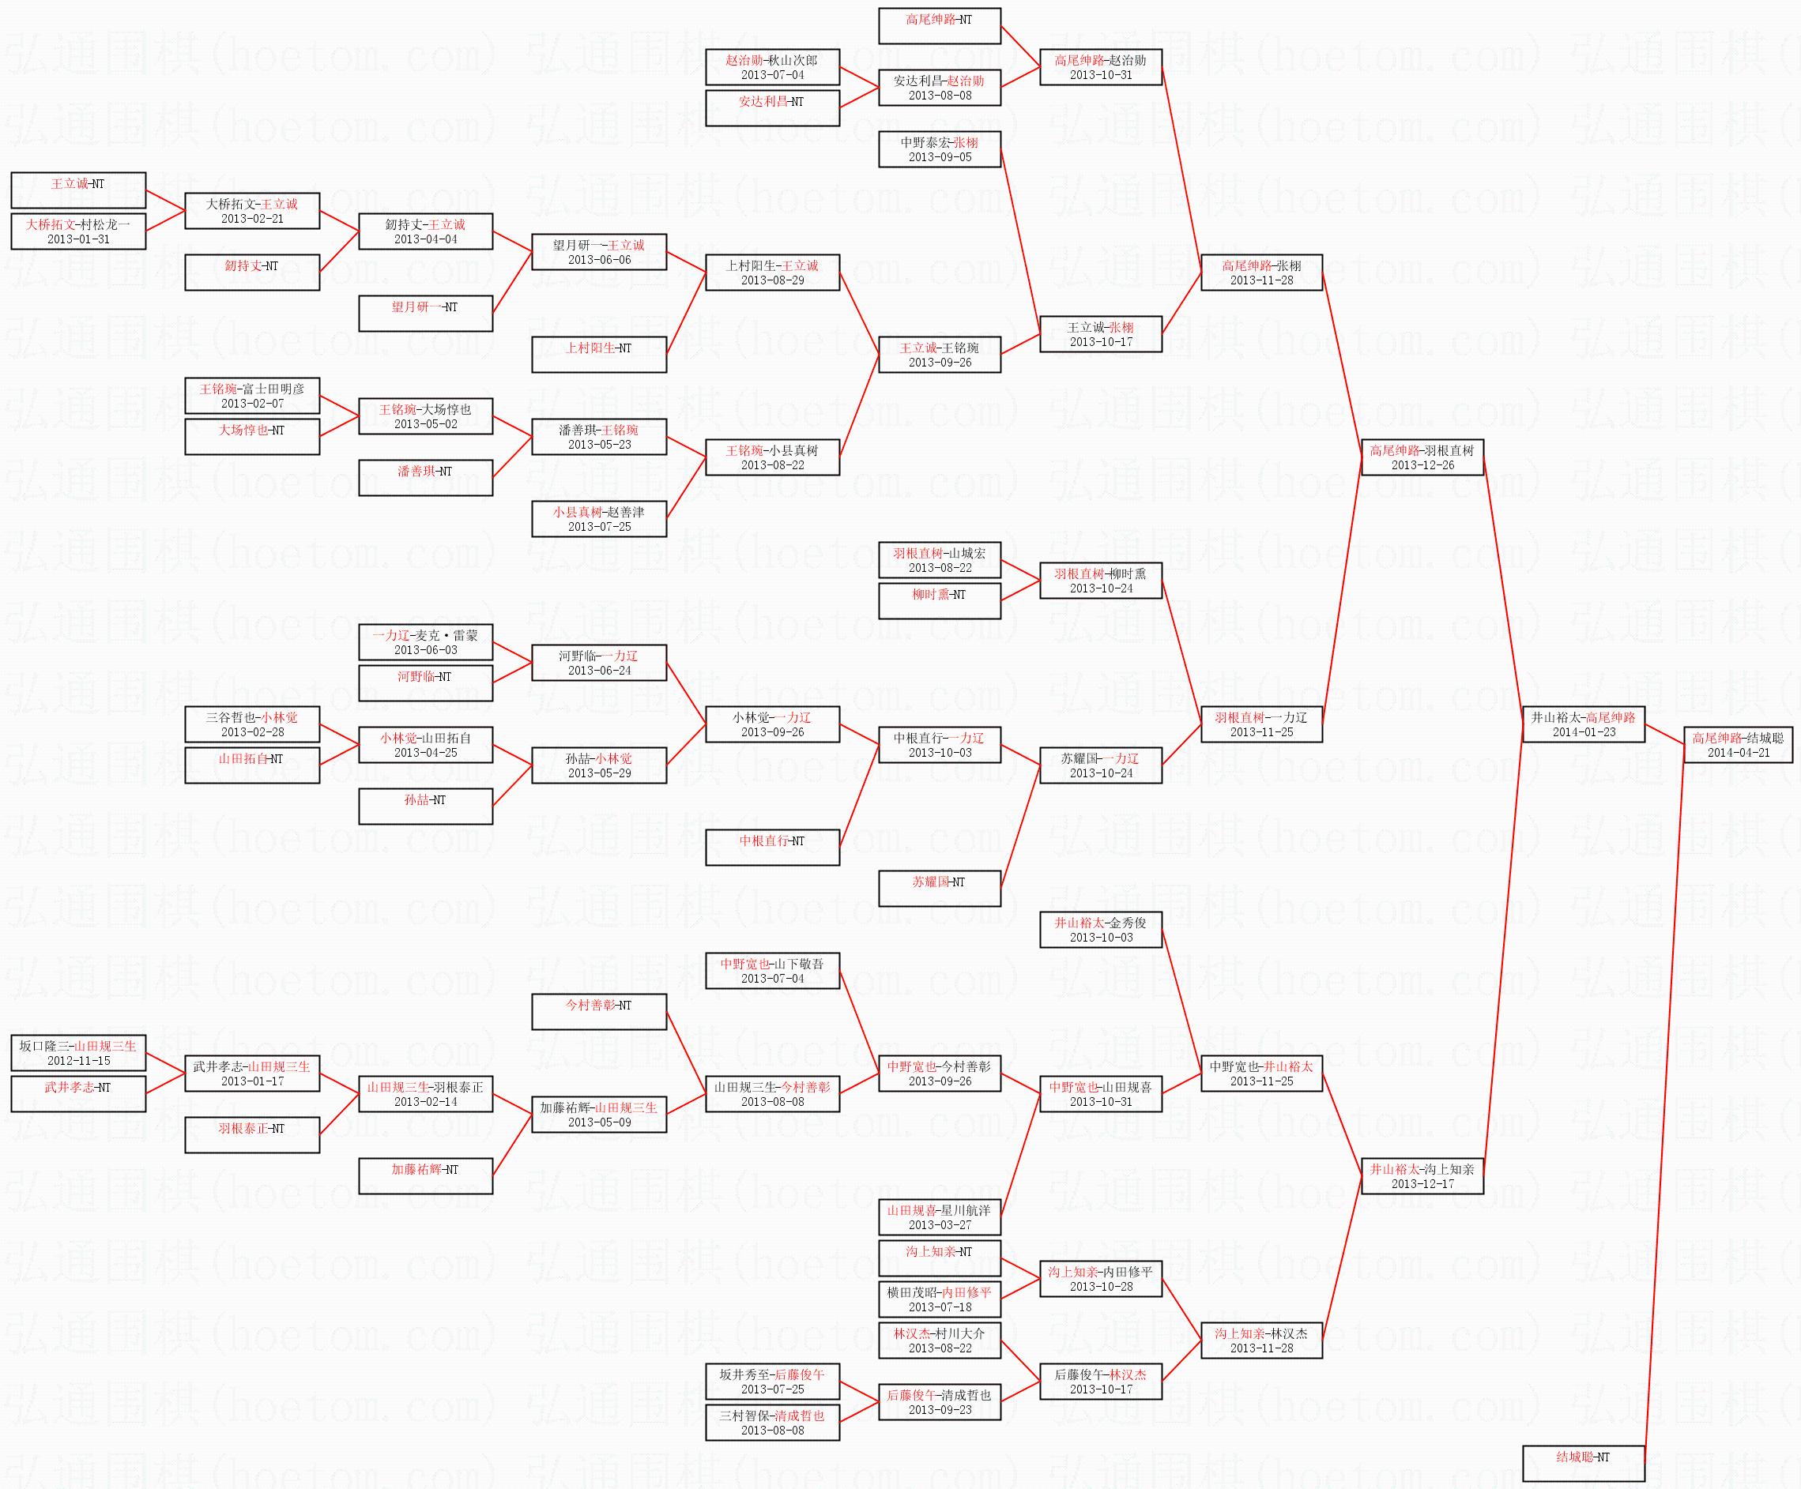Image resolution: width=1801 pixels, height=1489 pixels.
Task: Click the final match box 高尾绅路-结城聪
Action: [1738, 744]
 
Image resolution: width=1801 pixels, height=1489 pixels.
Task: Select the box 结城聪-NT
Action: [1583, 1463]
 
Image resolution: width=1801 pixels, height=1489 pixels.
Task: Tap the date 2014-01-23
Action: [1583, 732]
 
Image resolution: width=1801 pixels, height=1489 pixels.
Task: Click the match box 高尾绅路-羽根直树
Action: [1422, 457]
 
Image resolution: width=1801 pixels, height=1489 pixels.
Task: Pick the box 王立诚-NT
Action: [78, 190]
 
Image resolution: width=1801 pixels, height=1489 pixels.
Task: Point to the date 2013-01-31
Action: [78, 239]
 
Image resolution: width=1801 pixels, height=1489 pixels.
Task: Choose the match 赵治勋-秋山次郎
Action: [772, 67]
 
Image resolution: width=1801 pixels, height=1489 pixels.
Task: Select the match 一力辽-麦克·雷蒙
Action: [425, 642]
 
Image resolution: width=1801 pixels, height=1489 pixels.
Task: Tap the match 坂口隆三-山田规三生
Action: [78, 1053]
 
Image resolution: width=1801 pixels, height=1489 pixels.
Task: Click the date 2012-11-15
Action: [78, 1060]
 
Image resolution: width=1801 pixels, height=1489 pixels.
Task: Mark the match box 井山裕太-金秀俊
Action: [1100, 929]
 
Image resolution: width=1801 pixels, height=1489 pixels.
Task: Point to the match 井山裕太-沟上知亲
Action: [1422, 1176]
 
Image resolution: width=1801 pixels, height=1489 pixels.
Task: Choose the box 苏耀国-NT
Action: [939, 888]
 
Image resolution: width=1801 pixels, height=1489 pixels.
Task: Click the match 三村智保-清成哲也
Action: [772, 1422]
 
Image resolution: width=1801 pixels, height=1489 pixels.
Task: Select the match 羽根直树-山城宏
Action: [939, 560]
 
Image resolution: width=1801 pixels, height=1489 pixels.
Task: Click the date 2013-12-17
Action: [1422, 1184]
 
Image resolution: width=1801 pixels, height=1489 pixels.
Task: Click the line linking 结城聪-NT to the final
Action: [1663, 1106]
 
